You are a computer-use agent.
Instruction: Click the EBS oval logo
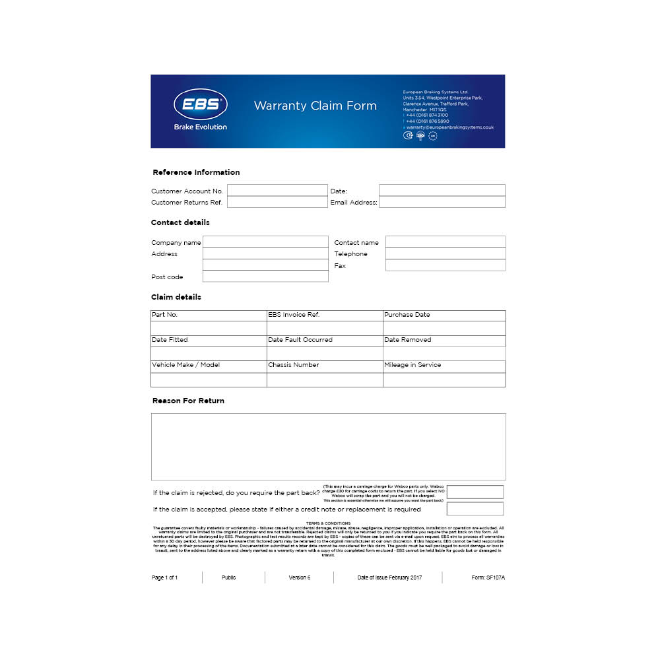click(201, 104)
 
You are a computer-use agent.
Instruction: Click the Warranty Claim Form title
click(315, 106)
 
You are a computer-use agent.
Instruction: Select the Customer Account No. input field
click(277, 191)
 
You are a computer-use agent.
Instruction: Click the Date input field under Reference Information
click(442, 191)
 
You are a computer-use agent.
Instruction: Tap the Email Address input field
click(442, 202)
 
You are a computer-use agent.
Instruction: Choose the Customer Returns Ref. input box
click(277, 202)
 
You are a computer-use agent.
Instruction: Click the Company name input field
click(265, 242)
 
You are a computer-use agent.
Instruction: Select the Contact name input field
click(445, 242)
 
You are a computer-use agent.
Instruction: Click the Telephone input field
click(445, 253)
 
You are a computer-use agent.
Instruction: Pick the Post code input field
click(265, 277)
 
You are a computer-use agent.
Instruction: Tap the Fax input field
click(445, 265)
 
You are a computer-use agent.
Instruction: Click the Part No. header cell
click(209, 315)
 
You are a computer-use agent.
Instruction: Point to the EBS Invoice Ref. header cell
click(325, 315)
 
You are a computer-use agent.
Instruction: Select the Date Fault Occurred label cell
click(325, 340)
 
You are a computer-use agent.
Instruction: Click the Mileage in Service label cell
click(444, 365)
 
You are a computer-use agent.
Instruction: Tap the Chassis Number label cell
click(325, 365)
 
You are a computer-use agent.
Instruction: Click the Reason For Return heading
click(188, 401)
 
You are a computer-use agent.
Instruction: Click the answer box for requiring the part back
click(475, 492)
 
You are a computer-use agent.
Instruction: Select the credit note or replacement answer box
click(475, 509)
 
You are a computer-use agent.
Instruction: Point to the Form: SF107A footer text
click(488, 577)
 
